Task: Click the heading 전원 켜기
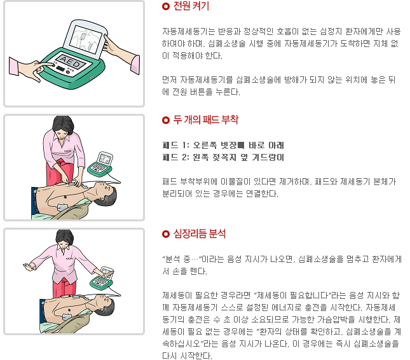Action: click(x=191, y=6)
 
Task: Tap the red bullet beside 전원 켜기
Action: click(x=166, y=6)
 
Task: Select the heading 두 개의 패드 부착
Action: click(x=205, y=120)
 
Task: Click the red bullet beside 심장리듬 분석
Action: click(x=166, y=234)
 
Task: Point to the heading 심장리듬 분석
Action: click(x=199, y=233)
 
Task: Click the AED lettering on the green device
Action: click(x=71, y=62)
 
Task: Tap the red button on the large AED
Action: click(x=68, y=73)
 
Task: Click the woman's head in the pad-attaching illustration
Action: click(x=64, y=125)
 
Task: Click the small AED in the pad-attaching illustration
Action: click(x=101, y=163)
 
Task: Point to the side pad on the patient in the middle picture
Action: click(x=62, y=207)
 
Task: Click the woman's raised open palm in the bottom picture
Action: click(x=28, y=267)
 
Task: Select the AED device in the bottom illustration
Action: click(x=102, y=279)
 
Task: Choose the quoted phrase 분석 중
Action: click(x=182, y=259)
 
